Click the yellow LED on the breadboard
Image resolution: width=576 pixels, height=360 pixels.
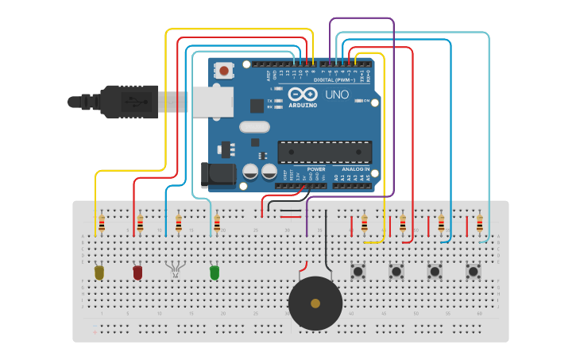tap(99, 273)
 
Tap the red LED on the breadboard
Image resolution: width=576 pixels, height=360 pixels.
tap(137, 273)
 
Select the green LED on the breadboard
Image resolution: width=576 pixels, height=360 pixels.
tap(215, 273)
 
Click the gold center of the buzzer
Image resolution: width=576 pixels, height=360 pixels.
tap(315, 304)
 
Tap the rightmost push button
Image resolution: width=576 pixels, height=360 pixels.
tap(474, 272)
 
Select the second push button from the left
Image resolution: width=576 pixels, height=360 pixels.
tap(396, 272)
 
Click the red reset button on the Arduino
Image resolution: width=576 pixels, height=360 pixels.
tap(224, 72)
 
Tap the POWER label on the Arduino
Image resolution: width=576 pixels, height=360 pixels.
tap(315, 169)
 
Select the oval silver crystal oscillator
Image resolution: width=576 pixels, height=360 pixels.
tap(254, 126)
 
